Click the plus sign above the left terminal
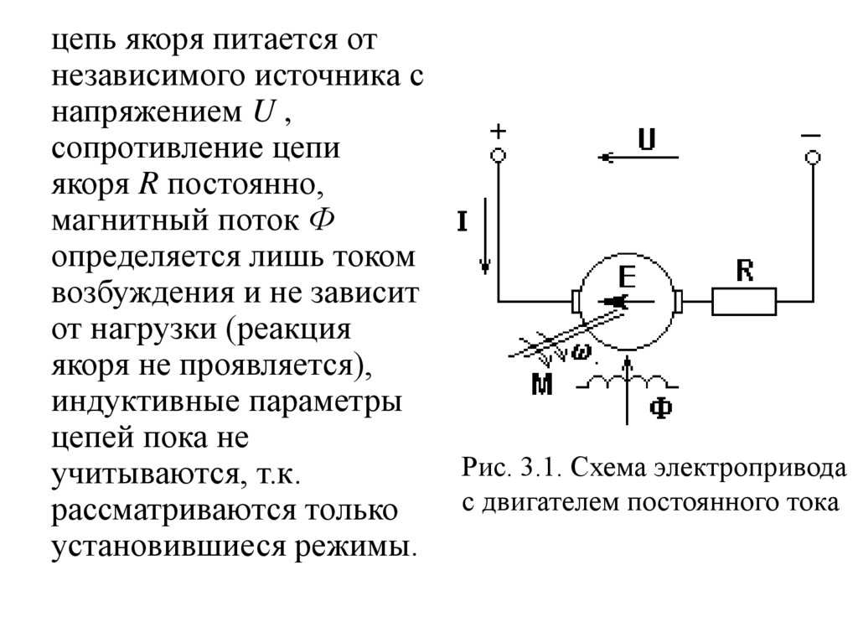point(498,132)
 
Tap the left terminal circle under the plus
point(498,156)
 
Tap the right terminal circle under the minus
point(811,157)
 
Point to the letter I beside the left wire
point(463,221)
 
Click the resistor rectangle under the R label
point(744,301)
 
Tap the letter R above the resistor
point(744,271)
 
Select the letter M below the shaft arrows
point(543,385)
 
